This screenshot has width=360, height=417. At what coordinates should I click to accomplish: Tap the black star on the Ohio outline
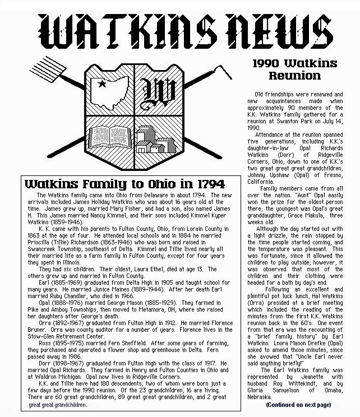click(x=101, y=85)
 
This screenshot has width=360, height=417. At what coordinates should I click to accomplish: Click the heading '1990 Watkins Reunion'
click(x=294, y=68)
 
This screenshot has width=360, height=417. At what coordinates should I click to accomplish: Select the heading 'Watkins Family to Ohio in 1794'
click(x=124, y=184)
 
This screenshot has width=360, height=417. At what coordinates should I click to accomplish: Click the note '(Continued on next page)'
click(x=298, y=404)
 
